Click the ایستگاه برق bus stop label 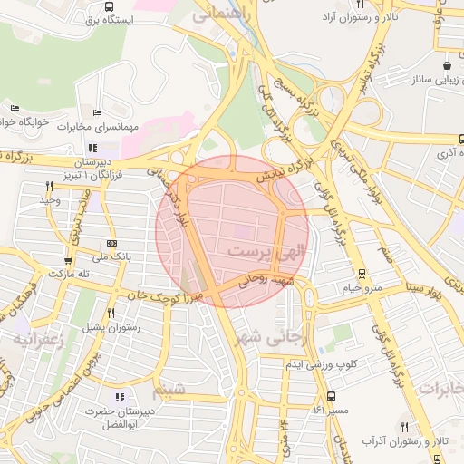pos(107,18)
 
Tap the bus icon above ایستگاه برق pos(99,5)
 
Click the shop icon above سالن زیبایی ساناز pos(448,66)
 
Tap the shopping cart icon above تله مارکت pos(67,258)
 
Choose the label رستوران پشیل pos(108,324)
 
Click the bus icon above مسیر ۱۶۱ pos(332,396)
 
